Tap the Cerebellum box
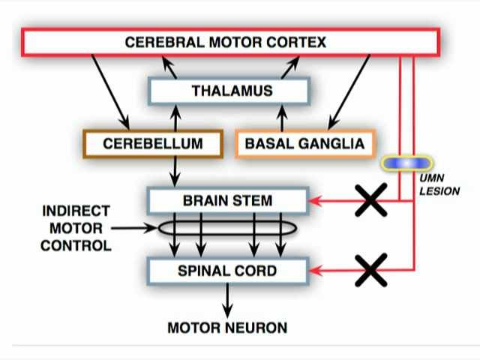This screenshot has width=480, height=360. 153,143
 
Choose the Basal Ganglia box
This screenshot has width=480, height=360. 304,143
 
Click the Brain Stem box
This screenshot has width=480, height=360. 228,201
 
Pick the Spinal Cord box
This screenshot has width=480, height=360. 228,270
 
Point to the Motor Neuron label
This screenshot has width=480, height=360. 227,328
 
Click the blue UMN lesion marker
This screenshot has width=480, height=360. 407,163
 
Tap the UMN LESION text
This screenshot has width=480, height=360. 439,186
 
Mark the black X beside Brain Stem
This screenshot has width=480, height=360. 370,200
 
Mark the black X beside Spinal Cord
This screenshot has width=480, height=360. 370,269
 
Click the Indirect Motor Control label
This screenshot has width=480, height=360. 76,228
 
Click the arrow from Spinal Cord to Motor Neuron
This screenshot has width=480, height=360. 227,301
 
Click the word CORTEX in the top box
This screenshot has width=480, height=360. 299,42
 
